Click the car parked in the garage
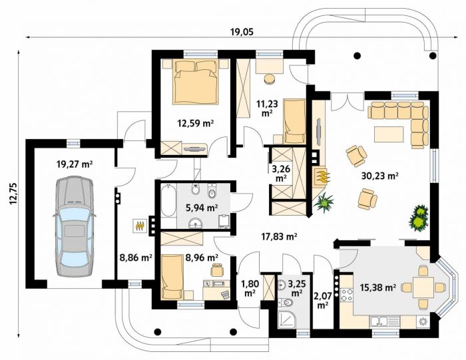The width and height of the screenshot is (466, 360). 75,226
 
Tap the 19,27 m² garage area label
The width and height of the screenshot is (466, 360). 75,164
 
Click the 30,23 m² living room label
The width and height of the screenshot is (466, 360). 380,176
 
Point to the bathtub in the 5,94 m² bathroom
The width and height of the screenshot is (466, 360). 168,201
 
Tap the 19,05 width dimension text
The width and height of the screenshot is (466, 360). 242,32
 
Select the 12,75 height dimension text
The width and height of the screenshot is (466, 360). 13,194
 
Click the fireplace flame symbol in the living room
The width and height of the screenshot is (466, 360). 322,176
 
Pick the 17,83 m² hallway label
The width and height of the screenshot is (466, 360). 279,236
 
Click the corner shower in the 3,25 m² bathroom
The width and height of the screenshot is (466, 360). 286,320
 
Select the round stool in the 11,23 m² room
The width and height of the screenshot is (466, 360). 270,79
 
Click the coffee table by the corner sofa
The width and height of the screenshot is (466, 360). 389,134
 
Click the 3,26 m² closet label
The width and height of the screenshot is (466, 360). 281,173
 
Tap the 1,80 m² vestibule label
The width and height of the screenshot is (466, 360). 250,288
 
